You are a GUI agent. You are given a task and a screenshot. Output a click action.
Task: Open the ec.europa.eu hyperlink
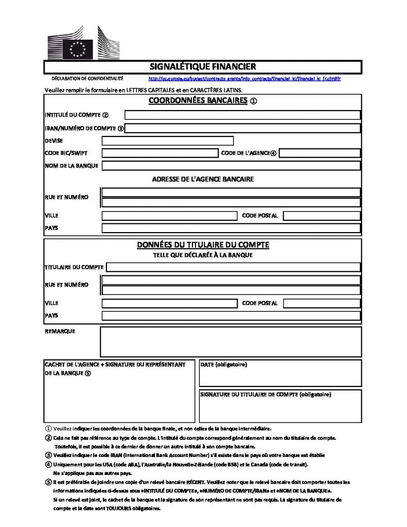point(244,79)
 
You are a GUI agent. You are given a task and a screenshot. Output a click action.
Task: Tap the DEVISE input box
point(168,140)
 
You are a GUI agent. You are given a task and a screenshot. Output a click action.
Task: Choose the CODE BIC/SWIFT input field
point(159,153)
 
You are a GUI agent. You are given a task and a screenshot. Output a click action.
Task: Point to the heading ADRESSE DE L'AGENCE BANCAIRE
point(203,179)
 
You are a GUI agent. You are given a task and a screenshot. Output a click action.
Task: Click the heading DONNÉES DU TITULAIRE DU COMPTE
point(203,245)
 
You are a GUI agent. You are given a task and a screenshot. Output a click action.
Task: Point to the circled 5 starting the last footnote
point(48,482)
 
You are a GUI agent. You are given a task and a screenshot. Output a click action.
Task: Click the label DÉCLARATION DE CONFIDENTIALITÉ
point(87,79)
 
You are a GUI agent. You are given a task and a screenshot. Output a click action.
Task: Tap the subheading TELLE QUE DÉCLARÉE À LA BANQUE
point(203,254)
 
